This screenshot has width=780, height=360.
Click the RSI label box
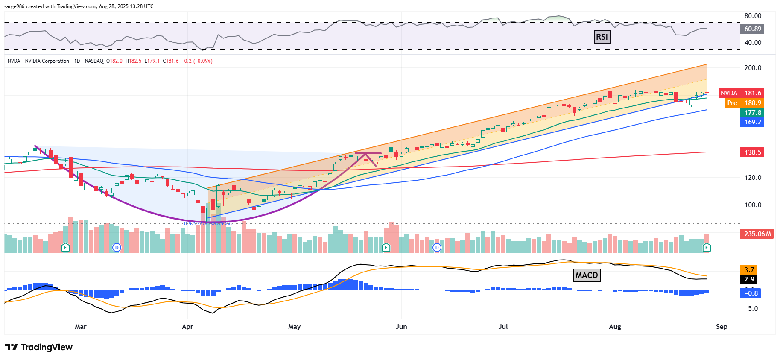(x=602, y=37)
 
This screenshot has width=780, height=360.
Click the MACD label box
(x=587, y=275)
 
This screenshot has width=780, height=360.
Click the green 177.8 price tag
(x=752, y=112)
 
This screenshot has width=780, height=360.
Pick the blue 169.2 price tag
(x=752, y=122)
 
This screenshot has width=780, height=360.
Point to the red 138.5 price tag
(x=752, y=152)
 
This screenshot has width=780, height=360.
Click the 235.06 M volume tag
(x=757, y=234)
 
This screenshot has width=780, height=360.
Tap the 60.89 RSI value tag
(x=752, y=29)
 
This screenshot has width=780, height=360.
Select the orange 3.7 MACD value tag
(x=749, y=269)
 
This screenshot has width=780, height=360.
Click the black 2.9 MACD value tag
(x=749, y=279)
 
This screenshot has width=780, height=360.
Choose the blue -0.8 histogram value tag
(x=751, y=293)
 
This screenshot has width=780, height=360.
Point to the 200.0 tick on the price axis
(x=753, y=68)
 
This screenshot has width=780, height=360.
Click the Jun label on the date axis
(x=401, y=327)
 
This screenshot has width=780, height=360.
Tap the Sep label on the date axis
(x=722, y=327)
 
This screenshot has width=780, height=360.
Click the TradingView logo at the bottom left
(x=39, y=347)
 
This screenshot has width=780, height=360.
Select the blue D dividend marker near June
(x=437, y=247)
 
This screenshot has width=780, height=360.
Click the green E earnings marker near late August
(x=707, y=247)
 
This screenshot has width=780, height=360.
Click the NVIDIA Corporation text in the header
(x=47, y=61)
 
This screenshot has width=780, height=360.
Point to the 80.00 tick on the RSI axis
(x=753, y=16)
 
